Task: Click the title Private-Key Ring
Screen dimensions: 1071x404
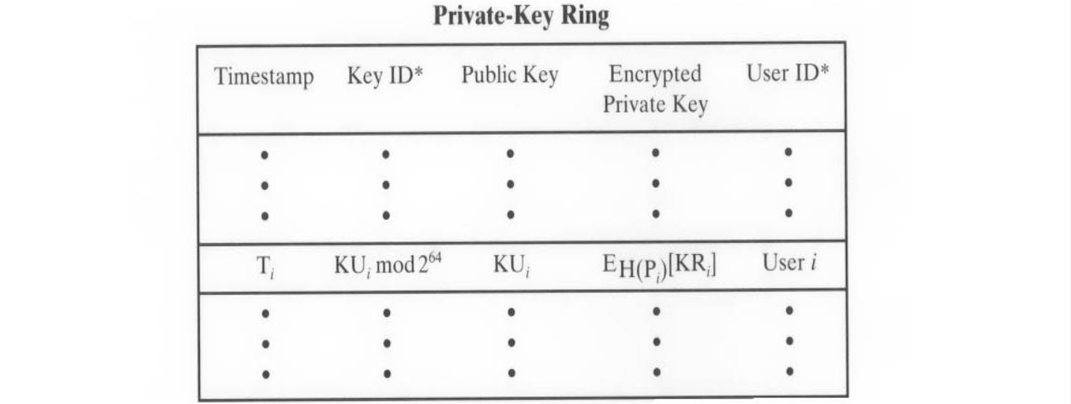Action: [521, 16]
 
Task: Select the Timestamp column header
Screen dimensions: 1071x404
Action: [264, 78]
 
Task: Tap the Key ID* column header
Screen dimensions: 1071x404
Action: [385, 77]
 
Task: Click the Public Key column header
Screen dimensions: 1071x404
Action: [509, 76]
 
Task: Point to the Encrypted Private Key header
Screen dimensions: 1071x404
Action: [655, 89]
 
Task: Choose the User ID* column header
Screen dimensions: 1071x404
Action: [788, 75]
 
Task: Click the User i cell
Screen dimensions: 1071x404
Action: [788, 264]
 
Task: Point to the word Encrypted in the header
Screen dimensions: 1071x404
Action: [655, 75]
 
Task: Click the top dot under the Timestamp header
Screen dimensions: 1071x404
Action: [264, 156]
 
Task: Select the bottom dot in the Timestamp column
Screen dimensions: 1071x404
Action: [266, 375]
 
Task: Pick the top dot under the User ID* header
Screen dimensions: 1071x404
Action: [788, 152]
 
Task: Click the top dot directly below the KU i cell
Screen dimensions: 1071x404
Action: [511, 313]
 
